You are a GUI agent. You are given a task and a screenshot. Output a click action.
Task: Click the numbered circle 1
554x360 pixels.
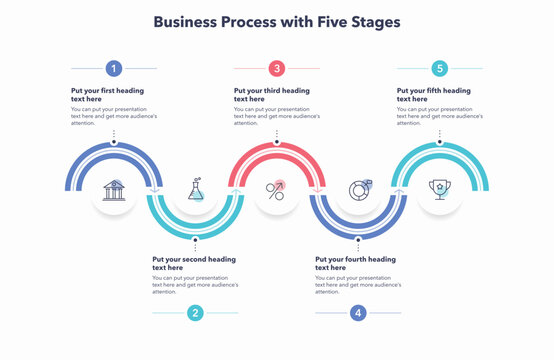click(114, 68)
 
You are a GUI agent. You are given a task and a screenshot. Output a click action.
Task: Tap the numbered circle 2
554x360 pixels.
click(195, 313)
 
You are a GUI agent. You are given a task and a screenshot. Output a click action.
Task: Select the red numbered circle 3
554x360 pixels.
click(277, 68)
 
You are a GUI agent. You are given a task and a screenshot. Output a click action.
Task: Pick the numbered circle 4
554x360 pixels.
click(358, 313)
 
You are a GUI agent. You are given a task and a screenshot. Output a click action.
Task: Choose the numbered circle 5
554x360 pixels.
click(440, 68)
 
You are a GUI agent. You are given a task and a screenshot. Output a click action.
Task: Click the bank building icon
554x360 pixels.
click(114, 188)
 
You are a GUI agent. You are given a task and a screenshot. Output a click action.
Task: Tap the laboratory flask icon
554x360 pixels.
click(195, 188)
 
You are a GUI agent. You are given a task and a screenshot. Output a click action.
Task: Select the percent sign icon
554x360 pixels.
click(276, 188)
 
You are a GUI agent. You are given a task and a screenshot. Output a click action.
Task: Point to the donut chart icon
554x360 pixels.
click(358, 188)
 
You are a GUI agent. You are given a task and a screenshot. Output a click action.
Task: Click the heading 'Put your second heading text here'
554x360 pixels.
click(193, 263)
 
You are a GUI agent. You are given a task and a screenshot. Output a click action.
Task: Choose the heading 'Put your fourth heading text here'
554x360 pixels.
click(355, 263)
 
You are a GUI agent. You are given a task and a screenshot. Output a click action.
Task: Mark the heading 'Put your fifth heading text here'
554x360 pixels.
click(434, 95)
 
